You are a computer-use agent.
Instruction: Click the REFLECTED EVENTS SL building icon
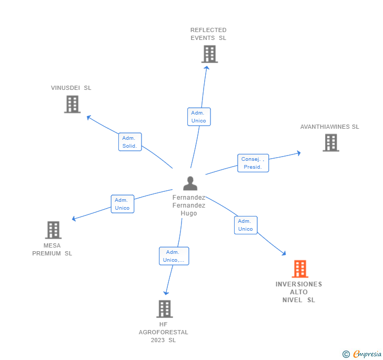(x=209, y=54)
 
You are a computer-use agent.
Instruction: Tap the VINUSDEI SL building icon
(x=72, y=104)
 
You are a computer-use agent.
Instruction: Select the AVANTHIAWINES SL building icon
(x=330, y=142)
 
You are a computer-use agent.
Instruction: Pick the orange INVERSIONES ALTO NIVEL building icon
(x=300, y=269)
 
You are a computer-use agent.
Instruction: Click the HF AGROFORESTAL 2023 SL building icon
(x=165, y=309)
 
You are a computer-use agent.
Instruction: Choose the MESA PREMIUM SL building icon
(x=53, y=230)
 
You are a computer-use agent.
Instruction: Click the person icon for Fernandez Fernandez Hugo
(x=190, y=183)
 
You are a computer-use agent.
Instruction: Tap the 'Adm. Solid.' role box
(x=130, y=142)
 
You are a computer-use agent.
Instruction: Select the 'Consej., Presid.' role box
(x=253, y=163)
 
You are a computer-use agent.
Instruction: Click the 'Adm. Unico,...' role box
(x=174, y=256)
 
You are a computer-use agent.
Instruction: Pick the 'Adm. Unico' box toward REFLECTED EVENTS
(x=199, y=117)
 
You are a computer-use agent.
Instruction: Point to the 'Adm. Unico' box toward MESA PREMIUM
(x=122, y=204)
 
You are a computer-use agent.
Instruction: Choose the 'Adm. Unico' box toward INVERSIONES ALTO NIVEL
(x=246, y=225)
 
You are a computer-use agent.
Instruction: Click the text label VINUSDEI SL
(x=71, y=88)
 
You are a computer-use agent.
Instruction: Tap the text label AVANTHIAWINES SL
(x=329, y=127)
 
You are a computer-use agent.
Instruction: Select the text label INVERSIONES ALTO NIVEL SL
(x=299, y=292)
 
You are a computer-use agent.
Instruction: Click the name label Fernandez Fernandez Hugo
(x=189, y=205)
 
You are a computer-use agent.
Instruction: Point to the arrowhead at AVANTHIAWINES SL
(x=299, y=153)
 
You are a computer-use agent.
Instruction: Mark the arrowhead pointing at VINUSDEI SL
(x=89, y=117)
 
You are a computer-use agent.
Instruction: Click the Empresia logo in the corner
(x=362, y=354)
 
